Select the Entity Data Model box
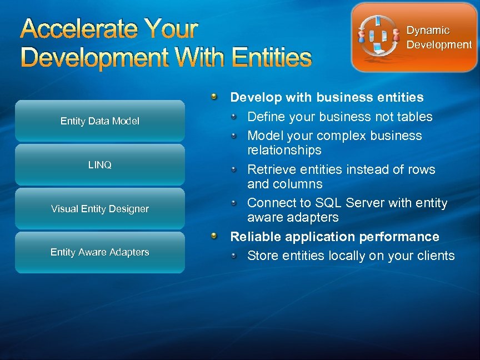(100, 121)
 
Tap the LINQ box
(100, 165)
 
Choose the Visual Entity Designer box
(100, 209)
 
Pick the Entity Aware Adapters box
(100, 252)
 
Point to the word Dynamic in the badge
(428, 31)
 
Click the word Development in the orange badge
(439, 44)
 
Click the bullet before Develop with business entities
(214, 98)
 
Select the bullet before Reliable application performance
(214, 237)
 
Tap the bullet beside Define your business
(235, 117)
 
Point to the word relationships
(284, 151)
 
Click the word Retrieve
(271, 169)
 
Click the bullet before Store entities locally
(235, 256)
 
